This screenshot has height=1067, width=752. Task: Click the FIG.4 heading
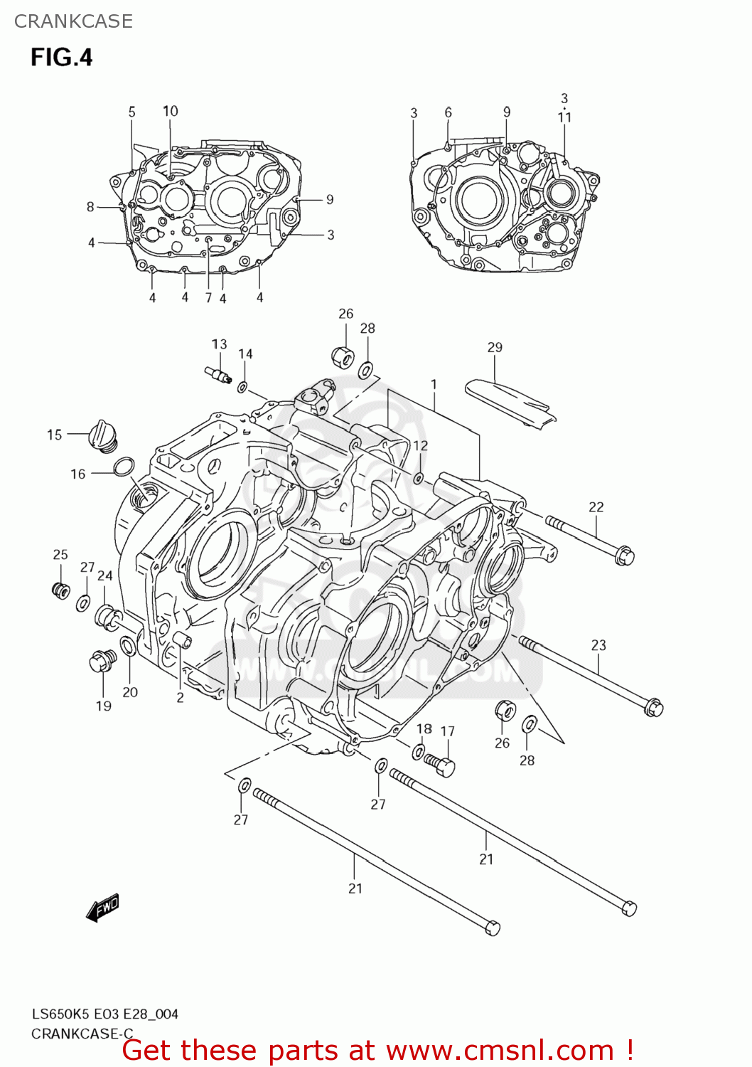coord(61,57)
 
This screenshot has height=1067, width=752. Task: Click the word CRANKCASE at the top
coord(73,21)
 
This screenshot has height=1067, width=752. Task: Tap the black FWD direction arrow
coord(103,908)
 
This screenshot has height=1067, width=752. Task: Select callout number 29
coord(495,347)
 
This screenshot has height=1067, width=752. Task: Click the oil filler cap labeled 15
coord(102,435)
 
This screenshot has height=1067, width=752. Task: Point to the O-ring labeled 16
coord(123,467)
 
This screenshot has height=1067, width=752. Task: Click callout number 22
coord(596,506)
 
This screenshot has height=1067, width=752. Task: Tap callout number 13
coord(219,344)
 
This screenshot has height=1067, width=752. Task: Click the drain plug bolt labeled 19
coord(102,662)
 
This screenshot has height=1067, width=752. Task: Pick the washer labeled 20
coord(129,646)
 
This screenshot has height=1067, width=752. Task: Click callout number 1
coord(434,384)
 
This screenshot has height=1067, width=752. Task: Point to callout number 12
coord(421,445)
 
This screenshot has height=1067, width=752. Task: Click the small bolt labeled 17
coord(441,765)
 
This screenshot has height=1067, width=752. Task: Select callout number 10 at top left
coord(171,111)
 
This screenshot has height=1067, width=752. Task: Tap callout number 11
coord(564,117)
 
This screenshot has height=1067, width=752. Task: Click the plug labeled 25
coord(61,590)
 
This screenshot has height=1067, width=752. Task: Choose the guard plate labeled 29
coord(510,403)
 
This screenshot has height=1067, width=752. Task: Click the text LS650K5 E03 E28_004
coord(104,1014)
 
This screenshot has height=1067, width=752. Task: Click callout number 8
coord(90,206)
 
